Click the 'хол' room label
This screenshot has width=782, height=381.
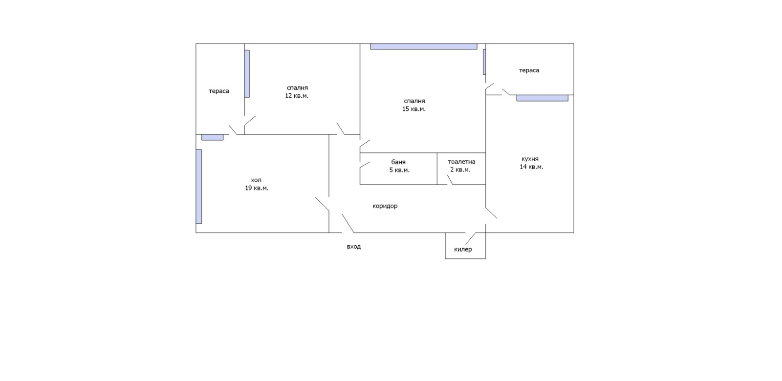pyautogui.click(x=256, y=180)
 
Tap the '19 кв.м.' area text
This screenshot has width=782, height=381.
pyautogui.click(x=257, y=188)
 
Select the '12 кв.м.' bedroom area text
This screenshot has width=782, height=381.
pyautogui.click(x=297, y=96)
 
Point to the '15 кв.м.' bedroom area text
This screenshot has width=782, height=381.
pyautogui.click(x=414, y=109)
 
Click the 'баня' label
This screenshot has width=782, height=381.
pyautogui.click(x=398, y=162)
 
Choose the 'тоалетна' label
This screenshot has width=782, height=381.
pyautogui.click(x=461, y=162)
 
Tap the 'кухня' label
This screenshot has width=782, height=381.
pyautogui.click(x=530, y=159)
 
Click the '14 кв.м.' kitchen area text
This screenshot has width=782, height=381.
pyautogui.click(x=531, y=167)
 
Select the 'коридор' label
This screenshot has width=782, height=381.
pyautogui.click(x=385, y=206)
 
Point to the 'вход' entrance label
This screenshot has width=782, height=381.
pyautogui.click(x=354, y=247)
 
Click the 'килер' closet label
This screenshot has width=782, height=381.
pyautogui.click(x=463, y=250)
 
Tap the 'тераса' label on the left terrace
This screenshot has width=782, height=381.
pyautogui.click(x=219, y=91)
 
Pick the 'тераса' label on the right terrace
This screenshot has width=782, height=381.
pyautogui.click(x=529, y=70)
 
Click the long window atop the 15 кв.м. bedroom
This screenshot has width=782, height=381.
pyautogui.click(x=423, y=46)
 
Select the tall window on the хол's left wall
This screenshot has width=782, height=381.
pyautogui.click(x=199, y=186)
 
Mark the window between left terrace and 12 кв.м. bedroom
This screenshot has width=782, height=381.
pyautogui.click(x=247, y=73)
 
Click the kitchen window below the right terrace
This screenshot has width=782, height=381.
pyautogui.click(x=542, y=98)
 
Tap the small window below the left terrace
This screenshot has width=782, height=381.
pyautogui.click(x=212, y=137)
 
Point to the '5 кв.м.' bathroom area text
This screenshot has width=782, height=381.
pyautogui.click(x=399, y=170)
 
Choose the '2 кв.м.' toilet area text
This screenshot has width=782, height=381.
pyautogui.click(x=460, y=169)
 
